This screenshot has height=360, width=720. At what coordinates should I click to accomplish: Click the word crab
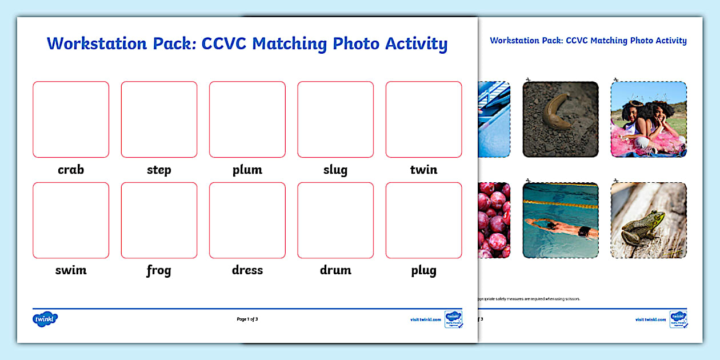pyautogui.click(x=71, y=170)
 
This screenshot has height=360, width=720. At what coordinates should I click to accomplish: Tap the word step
pyautogui.click(x=159, y=170)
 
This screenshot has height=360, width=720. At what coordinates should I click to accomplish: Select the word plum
pyautogui.click(x=247, y=170)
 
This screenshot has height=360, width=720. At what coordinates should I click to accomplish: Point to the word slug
pyautogui.click(x=335, y=170)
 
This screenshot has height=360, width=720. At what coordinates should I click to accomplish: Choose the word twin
pyautogui.click(x=423, y=170)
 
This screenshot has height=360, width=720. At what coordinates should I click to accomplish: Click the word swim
pyautogui.click(x=71, y=270)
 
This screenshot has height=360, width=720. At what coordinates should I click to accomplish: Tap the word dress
pyautogui.click(x=247, y=270)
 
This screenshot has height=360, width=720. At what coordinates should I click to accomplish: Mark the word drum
pyautogui.click(x=335, y=270)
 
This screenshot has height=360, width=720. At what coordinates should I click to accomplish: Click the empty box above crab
pyautogui.click(x=71, y=119)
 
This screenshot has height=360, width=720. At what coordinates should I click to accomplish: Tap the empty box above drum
pyautogui.click(x=335, y=220)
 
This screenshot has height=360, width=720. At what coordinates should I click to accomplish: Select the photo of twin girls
pyautogui.click(x=649, y=119)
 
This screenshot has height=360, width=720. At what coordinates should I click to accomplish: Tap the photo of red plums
pyautogui.click(x=494, y=220)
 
